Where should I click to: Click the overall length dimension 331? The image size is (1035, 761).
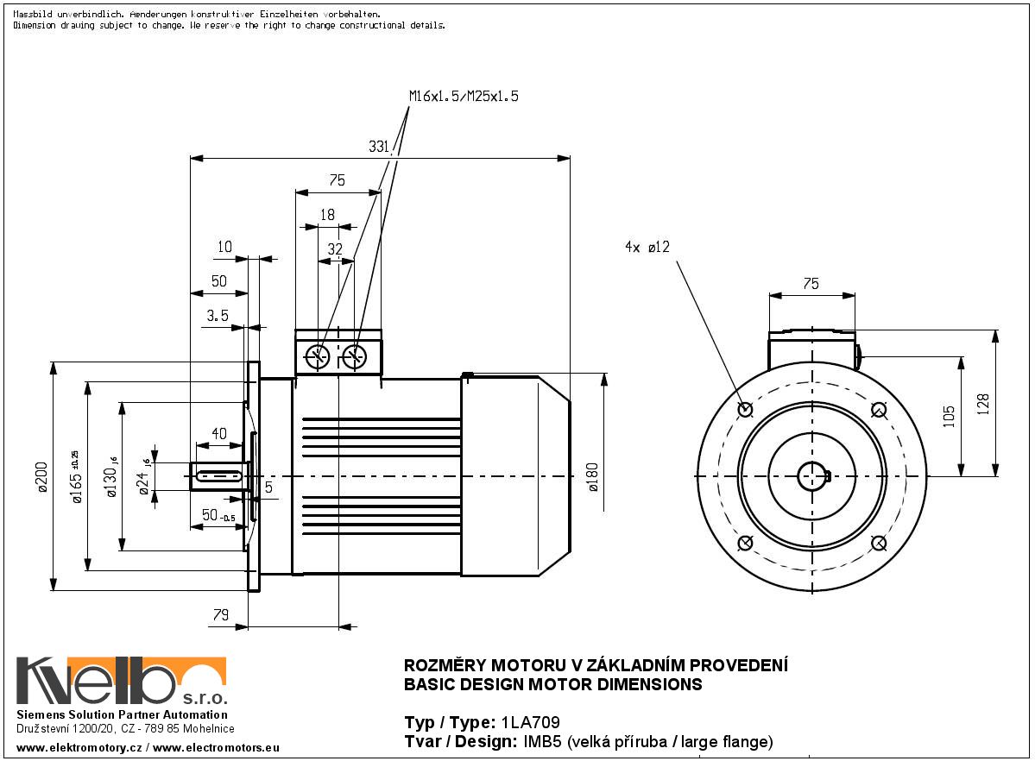click(x=378, y=148)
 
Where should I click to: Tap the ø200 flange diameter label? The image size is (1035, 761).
click(x=41, y=476)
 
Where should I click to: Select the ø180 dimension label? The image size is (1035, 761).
click(x=592, y=476)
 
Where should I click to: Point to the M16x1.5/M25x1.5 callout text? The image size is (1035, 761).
click(x=464, y=97)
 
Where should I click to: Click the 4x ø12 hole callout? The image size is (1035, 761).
click(x=647, y=247)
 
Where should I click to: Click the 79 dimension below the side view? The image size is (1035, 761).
click(x=220, y=614)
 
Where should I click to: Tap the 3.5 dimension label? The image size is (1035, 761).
click(x=217, y=316)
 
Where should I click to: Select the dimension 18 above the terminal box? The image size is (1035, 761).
click(x=327, y=215)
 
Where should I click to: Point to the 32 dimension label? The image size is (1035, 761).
click(x=336, y=249)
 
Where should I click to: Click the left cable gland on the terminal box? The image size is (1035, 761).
click(x=319, y=356)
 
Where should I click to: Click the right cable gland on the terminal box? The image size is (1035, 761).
click(x=355, y=356)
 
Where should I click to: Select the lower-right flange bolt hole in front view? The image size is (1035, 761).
click(x=878, y=542)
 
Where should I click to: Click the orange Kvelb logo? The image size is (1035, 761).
click(x=121, y=681)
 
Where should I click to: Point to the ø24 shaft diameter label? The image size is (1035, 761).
click(x=144, y=475)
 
